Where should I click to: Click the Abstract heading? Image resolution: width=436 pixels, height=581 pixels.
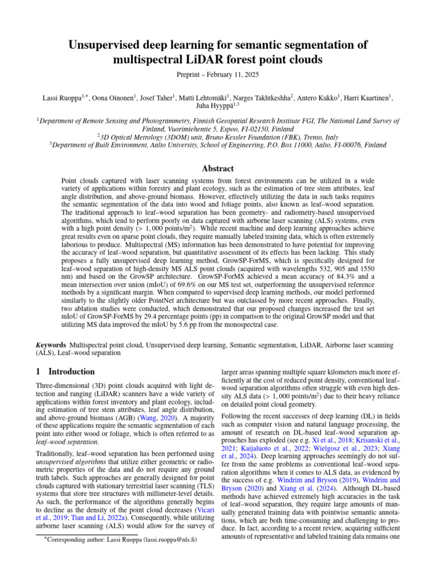218,169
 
